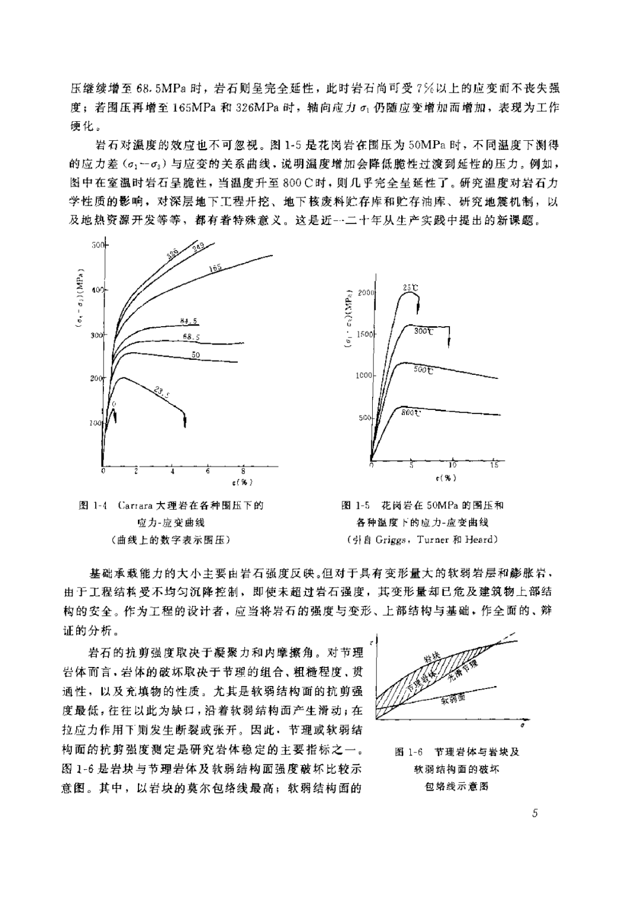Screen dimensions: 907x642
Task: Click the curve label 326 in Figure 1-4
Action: tap(172, 255)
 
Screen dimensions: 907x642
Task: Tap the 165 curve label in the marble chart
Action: tap(216, 268)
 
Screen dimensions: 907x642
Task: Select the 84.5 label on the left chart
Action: tap(188, 321)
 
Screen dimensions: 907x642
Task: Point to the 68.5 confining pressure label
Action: tap(191, 337)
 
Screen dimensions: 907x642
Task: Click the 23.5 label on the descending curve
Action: tap(161, 391)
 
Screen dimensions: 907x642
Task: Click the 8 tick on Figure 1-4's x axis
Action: tap(243, 470)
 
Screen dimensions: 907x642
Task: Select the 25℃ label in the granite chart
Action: tap(411, 288)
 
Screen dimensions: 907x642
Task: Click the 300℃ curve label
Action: tap(424, 331)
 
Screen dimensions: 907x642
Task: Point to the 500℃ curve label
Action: tap(423, 370)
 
